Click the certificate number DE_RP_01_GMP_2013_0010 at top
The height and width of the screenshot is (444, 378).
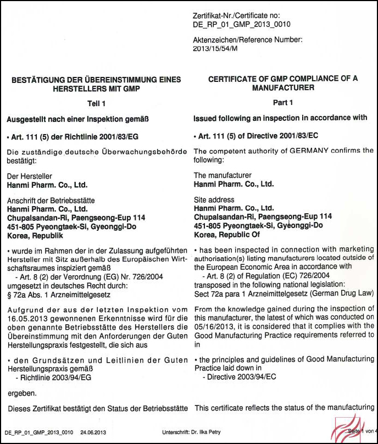[242, 24]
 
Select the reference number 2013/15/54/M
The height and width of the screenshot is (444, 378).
[215, 48]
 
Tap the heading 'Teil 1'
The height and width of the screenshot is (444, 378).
[96, 103]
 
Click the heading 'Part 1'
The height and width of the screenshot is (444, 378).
[283, 103]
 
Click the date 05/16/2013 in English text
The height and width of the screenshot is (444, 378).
[214, 326]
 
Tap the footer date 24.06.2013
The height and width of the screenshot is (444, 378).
[93, 432]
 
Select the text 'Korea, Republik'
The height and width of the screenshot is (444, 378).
[34, 235]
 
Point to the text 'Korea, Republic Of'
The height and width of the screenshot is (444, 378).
[226, 234]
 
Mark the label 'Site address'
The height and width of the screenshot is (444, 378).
[214, 200]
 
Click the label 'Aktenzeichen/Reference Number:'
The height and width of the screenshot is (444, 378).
[248, 40]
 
